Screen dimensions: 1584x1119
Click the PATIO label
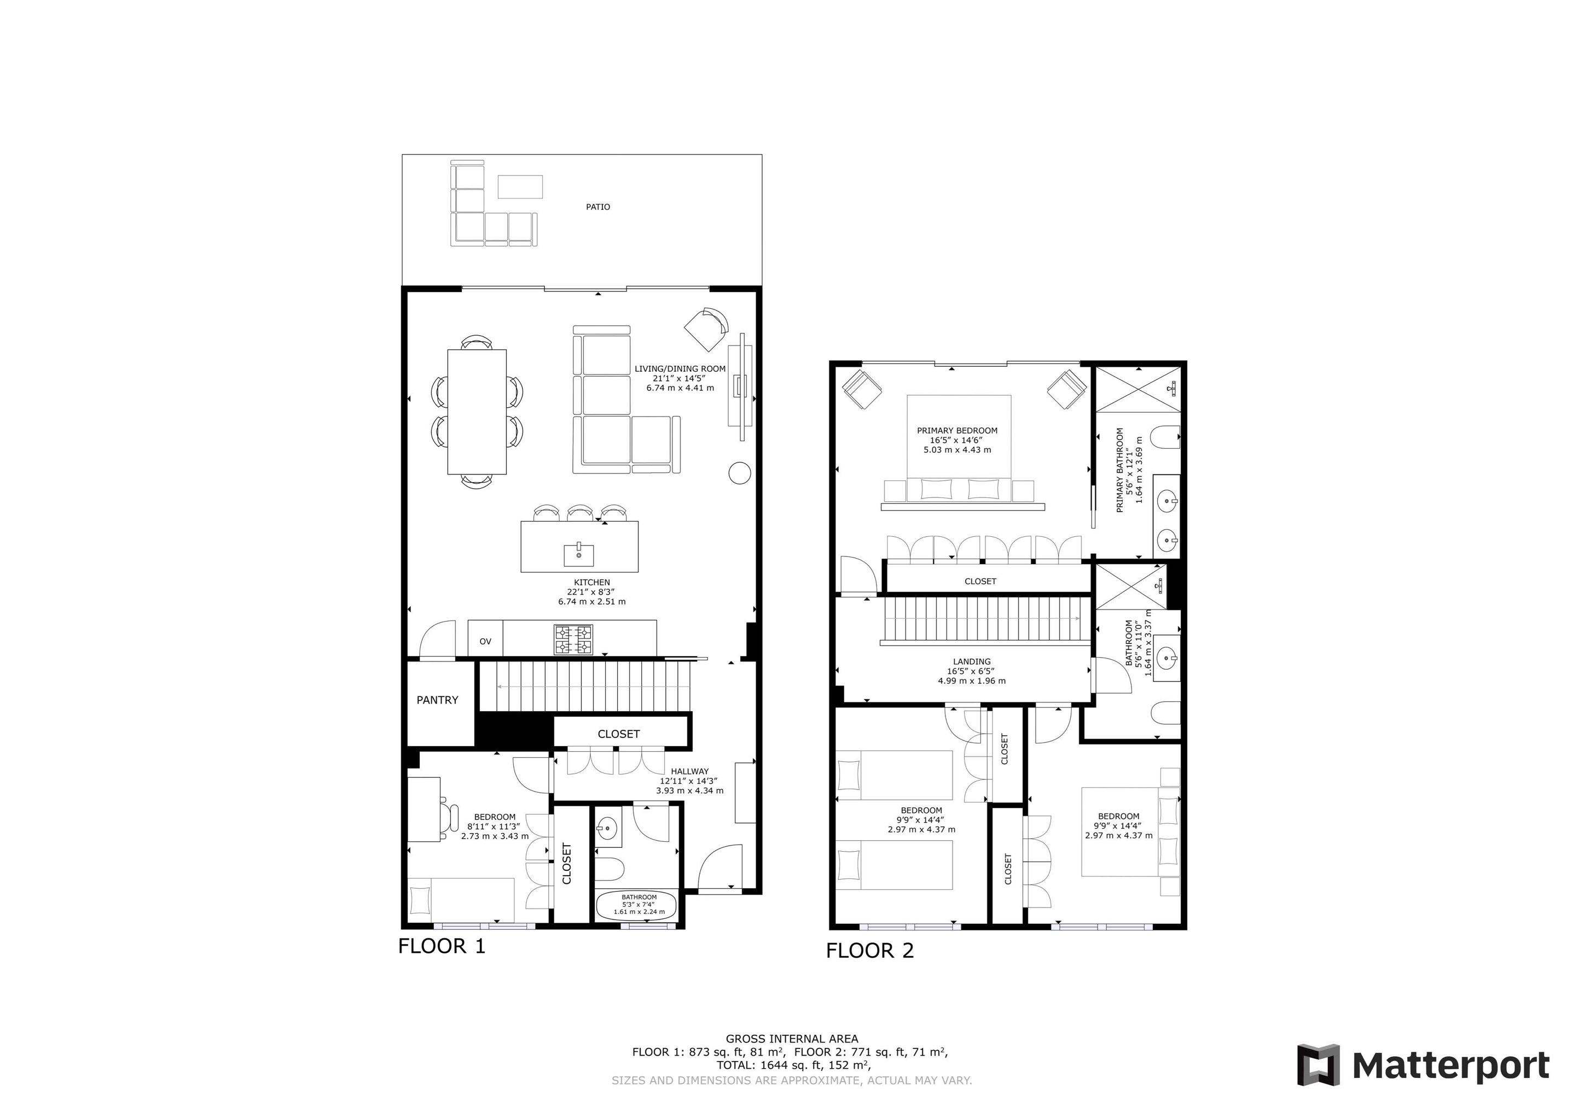click(597, 207)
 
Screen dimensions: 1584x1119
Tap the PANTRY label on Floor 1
click(437, 700)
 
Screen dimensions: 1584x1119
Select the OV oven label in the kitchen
click(485, 641)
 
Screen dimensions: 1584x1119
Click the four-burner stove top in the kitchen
click(573, 639)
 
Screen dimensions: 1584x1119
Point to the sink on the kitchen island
click(579, 554)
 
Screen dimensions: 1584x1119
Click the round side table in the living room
click(740, 472)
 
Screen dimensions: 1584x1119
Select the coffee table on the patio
click(520, 187)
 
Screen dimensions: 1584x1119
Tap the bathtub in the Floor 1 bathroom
click(639, 905)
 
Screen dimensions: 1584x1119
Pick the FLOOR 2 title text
click(869, 951)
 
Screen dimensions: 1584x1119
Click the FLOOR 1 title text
click(442, 946)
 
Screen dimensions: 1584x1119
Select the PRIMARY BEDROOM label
click(957, 431)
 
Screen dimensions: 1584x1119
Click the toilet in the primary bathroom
click(1167, 438)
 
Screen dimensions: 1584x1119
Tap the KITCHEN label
click(592, 583)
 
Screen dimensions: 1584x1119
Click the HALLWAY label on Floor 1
click(690, 771)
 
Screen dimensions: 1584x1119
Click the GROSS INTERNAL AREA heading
click(792, 1038)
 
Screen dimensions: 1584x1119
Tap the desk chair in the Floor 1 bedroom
click(450, 818)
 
